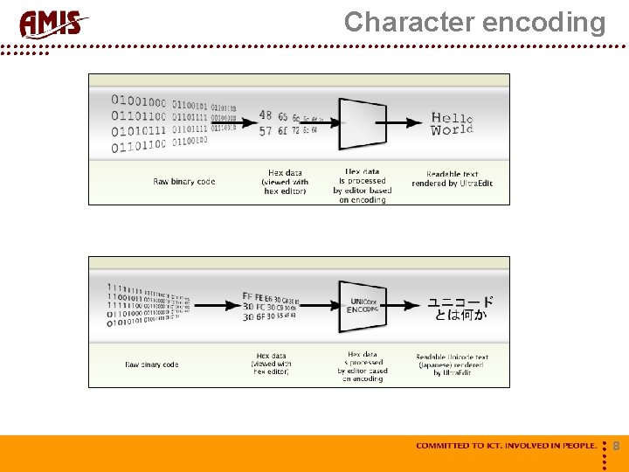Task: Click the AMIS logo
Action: click(x=52, y=24)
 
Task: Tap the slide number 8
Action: click(x=616, y=446)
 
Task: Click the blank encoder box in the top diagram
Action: click(x=362, y=123)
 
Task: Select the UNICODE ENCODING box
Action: click(x=362, y=305)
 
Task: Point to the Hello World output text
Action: click(x=452, y=123)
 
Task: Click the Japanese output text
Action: click(x=460, y=308)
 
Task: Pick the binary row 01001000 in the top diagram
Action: click(x=138, y=102)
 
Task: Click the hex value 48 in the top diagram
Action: click(x=266, y=115)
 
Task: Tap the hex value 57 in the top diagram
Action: click(x=266, y=130)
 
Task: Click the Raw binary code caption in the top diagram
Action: click(x=183, y=182)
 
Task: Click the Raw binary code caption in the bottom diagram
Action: click(x=151, y=364)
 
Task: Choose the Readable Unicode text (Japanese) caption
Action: click(x=452, y=364)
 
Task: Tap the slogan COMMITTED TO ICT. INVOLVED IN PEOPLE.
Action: click(x=507, y=446)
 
